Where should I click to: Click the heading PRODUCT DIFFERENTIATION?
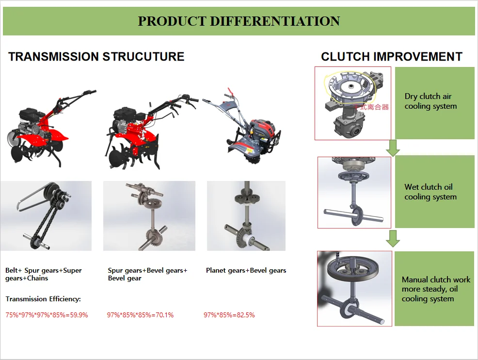click(239, 21)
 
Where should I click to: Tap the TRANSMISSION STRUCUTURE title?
click(96, 57)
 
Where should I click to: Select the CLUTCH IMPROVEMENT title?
click(391, 57)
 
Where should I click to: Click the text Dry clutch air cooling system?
click(430, 101)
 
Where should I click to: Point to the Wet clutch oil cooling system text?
click(430, 192)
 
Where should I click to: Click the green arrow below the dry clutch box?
click(393, 148)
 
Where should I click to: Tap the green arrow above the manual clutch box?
click(393, 238)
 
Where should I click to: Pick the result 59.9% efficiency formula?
click(47, 315)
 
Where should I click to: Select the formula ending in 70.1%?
click(140, 315)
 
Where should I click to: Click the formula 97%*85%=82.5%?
click(229, 315)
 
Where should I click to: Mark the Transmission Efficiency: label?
click(43, 299)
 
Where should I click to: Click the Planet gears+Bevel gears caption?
click(246, 270)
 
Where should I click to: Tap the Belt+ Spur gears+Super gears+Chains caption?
click(44, 274)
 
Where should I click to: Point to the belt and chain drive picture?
click(46, 216)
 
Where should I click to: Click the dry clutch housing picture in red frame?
click(352, 103)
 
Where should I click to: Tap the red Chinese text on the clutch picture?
click(371, 107)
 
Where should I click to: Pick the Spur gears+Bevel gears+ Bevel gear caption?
click(147, 274)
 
